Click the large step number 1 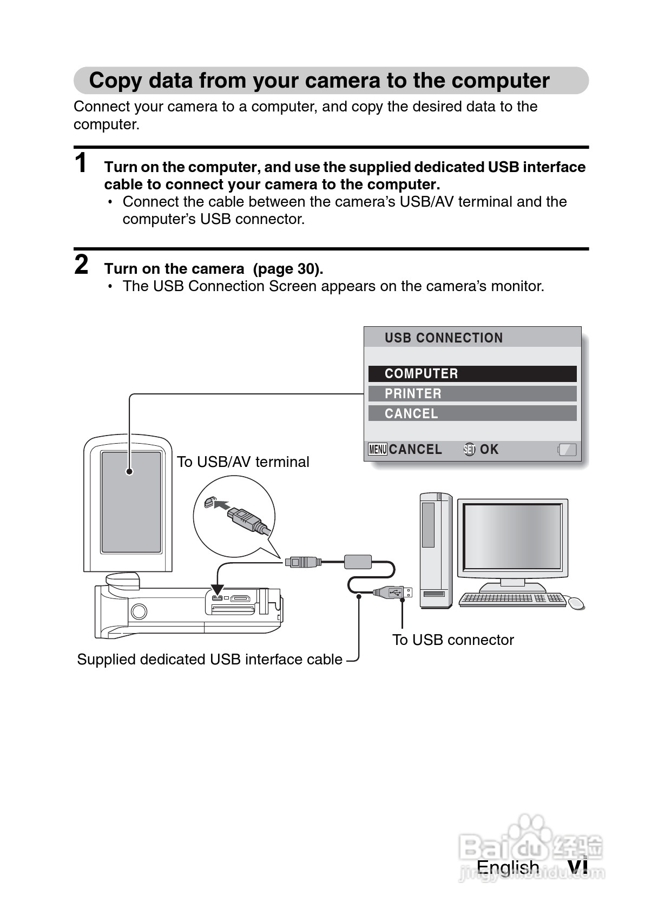[81, 163]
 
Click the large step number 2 [81, 265]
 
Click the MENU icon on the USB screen [377, 450]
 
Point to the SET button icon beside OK [469, 450]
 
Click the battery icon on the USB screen [567, 450]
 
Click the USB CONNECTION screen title [444, 338]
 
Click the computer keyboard [512, 599]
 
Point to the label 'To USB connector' [453, 640]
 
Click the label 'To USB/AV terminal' [243, 462]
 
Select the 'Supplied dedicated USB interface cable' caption [209, 660]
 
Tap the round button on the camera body [139, 611]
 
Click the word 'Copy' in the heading [116, 81]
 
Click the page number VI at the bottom [577, 867]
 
